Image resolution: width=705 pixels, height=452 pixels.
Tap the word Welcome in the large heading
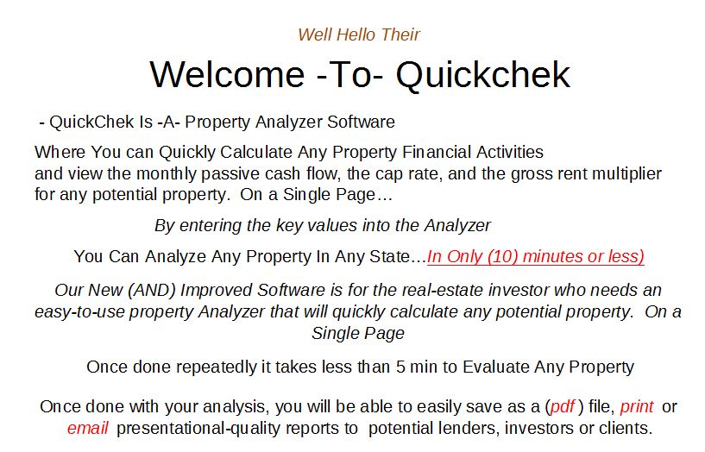228,74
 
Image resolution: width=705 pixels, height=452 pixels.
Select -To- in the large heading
350,74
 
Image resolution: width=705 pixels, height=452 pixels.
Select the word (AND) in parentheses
152,290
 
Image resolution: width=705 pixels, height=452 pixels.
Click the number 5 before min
400,367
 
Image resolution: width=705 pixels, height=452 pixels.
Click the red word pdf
562,406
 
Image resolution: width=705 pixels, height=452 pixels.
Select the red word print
637,406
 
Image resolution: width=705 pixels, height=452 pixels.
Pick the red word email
88,428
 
